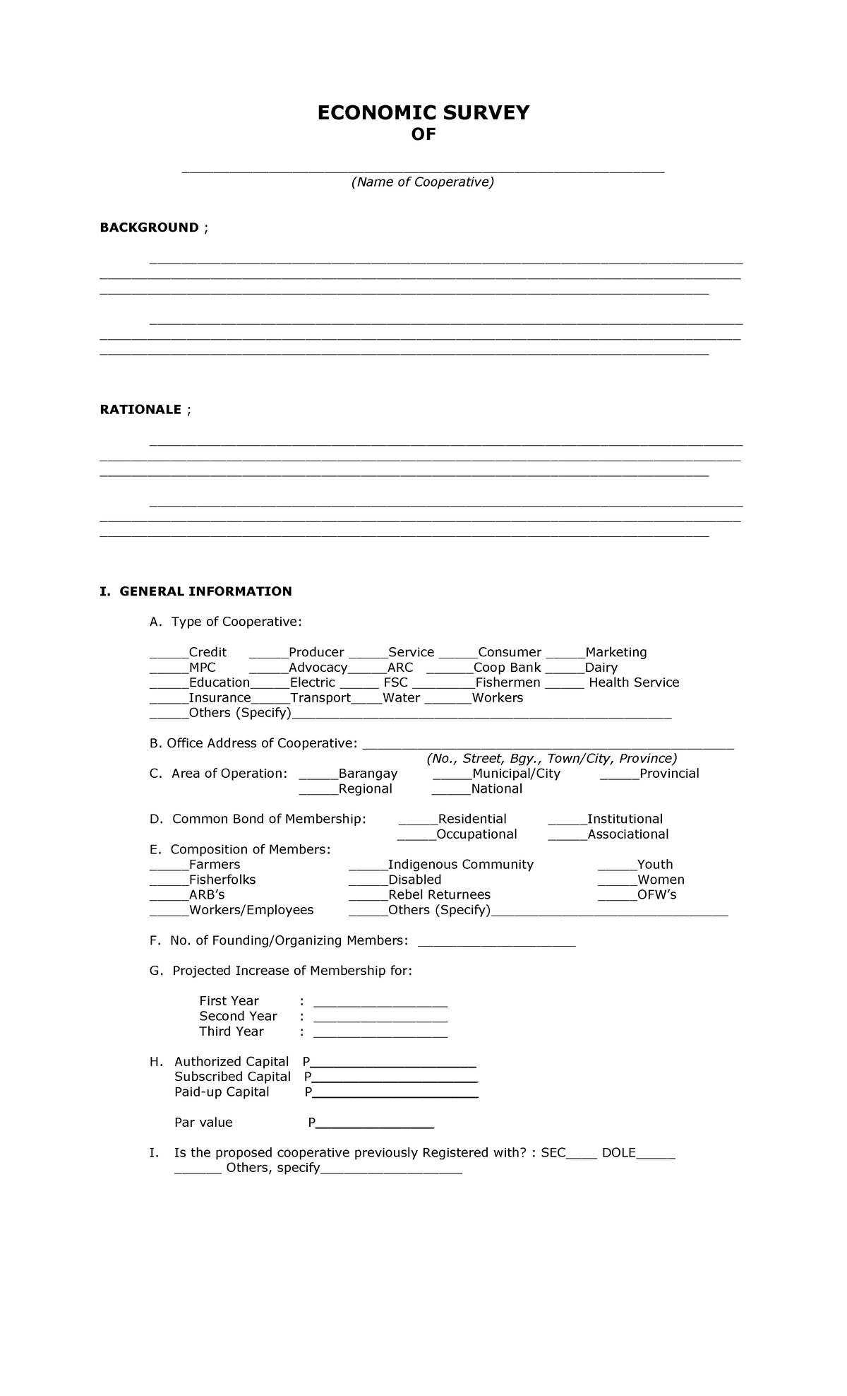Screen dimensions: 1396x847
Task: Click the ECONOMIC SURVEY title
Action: (423, 113)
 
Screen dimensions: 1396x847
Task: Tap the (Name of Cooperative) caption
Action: (423, 182)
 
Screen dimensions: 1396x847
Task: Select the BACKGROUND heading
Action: (149, 227)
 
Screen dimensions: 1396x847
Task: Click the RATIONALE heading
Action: (140, 410)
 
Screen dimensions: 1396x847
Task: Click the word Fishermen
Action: (507, 682)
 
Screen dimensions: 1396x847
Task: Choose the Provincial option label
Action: (669, 774)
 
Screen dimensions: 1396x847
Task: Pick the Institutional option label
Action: (625, 819)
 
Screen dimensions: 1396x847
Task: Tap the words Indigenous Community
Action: (461, 865)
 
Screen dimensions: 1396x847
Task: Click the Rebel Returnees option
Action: (439, 895)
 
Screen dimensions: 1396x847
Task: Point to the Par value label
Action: (203, 1123)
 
